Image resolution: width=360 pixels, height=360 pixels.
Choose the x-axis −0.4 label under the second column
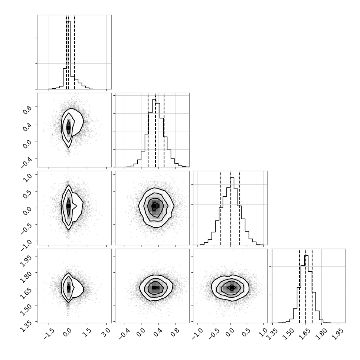[124, 333]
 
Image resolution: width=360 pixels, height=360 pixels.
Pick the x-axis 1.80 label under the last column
[321, 333]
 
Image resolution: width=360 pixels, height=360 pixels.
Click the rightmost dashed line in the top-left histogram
[75, 52]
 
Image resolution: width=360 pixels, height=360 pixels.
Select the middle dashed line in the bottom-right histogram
[305, 286]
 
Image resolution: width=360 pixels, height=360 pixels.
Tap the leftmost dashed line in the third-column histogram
[220, 208]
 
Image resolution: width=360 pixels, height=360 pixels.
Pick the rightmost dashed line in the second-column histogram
[164, 130]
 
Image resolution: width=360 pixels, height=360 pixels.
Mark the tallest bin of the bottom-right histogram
[306, 289]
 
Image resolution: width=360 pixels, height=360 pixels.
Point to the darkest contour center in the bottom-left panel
[68, 287]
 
